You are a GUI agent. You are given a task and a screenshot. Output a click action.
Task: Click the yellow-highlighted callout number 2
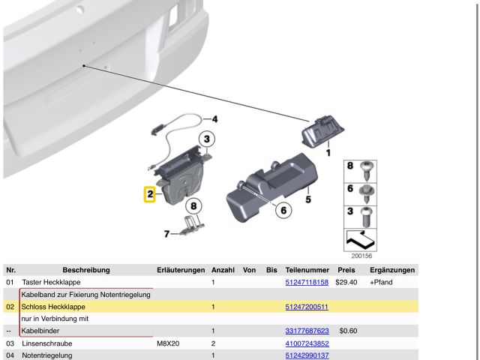pyautogui.click(x=150, y=194)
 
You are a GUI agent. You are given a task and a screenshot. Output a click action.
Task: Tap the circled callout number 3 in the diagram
pyautogui.click(x=207, y=139)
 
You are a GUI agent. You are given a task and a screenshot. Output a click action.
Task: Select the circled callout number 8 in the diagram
pyautogui.click(x=193, y=205)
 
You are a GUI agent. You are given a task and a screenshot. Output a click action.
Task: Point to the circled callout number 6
pyautogui.click(x=283, y=210)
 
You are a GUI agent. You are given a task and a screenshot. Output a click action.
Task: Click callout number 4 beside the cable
pyautogui.click(x=214, y=118)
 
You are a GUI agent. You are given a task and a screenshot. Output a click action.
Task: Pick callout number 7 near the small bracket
pyautogui.click(x=166, y=234)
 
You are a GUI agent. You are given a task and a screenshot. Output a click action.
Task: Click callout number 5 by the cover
pyautogui.click(x=308, y=199)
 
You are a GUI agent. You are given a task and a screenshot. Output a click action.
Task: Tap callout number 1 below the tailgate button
pyautogui.click(x=328, y=152)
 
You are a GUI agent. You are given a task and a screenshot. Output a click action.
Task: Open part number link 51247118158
pyautogui.click(x=307, y=282)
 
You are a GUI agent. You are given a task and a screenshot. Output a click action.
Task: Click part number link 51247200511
pyautogui.click(x=307, y=307)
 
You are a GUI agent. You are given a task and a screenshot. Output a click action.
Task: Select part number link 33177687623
pyautogui.click(x=307, y=331)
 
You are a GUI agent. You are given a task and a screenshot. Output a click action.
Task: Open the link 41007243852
pyautogui.click(x=307, y=343)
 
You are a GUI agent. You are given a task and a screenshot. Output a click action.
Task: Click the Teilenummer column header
pyautogui.click(x=307, y=270)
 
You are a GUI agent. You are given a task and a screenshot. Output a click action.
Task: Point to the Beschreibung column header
pyautogui.click(x=86, y=270)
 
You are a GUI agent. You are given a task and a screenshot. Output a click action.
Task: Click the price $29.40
pyautogui.click(x=346, y=282)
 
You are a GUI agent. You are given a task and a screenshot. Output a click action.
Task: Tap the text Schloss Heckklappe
pyautogui.click(x=53, y=307)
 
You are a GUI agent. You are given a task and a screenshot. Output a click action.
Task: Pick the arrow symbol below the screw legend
pyautogui.click(x=360, y=239)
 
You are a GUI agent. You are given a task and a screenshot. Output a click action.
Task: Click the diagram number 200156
pyautogui.click(x=361, y=256)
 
